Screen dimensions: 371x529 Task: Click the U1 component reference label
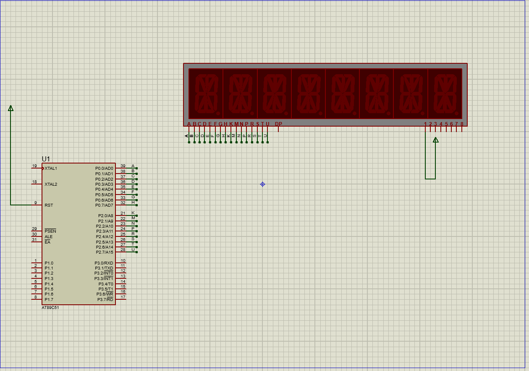click(46, 159)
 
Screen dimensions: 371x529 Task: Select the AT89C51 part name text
click(50, 307)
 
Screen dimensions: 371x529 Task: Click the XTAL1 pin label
click(51, 169)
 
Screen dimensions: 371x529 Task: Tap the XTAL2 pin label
click(51, 184)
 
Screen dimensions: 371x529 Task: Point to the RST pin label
click(49, 205)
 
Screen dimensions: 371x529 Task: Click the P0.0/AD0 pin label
click(104, 169)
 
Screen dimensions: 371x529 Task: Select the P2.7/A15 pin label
click(104, 252)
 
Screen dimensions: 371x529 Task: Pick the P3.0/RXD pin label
click(104, 263)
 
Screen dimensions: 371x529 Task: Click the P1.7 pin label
click(49, 300)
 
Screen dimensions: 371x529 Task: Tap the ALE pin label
click(49, 237)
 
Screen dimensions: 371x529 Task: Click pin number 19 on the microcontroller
click(34, 166)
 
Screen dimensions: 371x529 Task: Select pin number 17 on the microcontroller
click(123, 297)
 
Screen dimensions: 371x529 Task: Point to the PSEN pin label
click(50, 231)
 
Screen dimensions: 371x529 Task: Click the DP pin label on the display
click(278, 124)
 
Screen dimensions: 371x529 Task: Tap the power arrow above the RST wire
click(10, 108)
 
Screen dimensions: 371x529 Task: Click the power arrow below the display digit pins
click(436, 140)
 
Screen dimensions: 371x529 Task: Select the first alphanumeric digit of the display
click(206, 93)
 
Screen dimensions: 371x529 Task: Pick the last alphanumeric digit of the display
click(445, 93)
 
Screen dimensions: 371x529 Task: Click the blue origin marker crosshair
click(262, 184)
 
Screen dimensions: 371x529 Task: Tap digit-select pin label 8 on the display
click(462, 124)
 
